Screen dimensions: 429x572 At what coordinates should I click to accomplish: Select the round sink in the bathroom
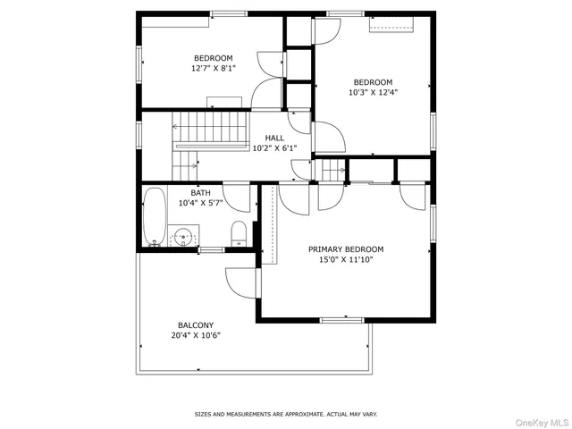184,238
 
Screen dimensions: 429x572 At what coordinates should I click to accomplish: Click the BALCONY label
195,325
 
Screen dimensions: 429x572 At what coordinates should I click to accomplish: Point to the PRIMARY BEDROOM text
357,249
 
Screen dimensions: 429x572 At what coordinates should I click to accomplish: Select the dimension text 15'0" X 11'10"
357,260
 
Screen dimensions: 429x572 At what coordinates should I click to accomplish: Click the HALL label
274,138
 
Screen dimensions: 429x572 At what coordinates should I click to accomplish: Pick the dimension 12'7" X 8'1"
213,68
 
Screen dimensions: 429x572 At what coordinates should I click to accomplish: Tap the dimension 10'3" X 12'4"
373,91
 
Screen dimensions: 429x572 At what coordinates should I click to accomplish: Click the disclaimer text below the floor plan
286,414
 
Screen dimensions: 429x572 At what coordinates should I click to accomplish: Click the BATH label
200,193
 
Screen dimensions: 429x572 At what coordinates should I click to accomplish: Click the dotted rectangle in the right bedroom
392,26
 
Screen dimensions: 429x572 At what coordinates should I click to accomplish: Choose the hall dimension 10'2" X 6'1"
274,148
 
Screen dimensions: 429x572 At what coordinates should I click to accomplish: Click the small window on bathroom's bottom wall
212,249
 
